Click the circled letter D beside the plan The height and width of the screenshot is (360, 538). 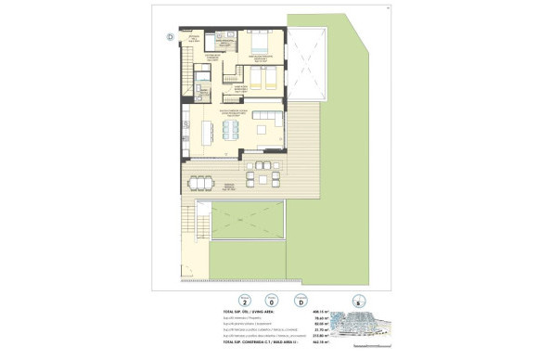coord(170,37)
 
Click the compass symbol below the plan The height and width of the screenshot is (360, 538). coord(358,300)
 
